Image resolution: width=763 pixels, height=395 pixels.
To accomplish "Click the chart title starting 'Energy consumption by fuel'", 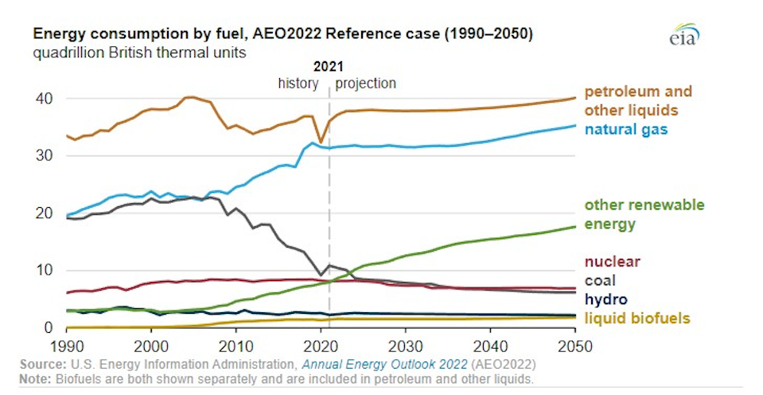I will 282,36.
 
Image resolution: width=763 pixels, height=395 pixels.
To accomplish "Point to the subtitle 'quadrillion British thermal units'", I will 139,53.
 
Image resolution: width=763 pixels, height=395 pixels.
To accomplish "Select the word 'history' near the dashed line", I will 298,83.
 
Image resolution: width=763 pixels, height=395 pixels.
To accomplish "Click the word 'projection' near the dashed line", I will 365,83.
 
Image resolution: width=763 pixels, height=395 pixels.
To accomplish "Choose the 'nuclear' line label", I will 612,261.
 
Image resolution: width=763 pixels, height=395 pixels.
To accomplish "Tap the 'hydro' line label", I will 605,299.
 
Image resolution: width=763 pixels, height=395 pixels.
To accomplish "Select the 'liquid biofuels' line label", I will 637,319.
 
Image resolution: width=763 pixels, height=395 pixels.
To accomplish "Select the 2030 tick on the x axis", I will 405,346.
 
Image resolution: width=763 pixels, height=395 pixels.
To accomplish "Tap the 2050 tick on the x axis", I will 574,346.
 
